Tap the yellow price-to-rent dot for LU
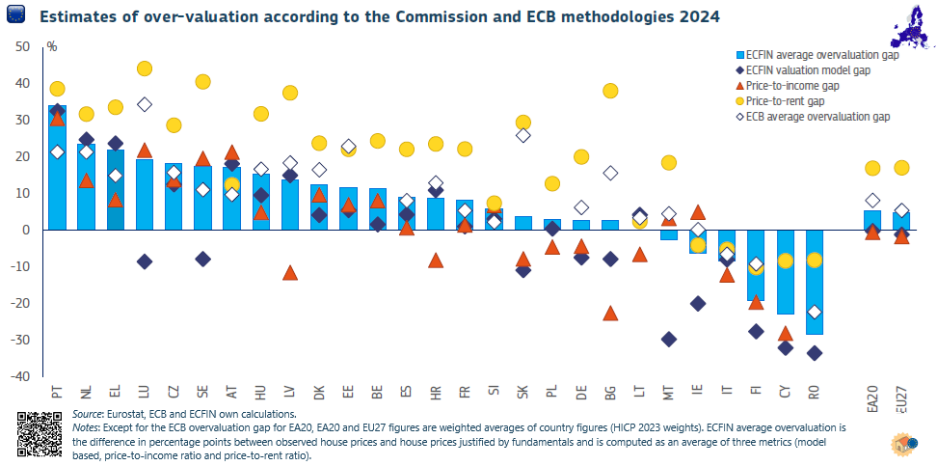coord(145,69)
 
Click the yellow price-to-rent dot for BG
coord(610,91)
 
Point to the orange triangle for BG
coord(610,313)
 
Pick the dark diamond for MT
coord(668,340)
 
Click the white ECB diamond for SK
coord(522,135)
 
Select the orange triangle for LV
coord(290,273)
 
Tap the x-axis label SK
coord(523,393)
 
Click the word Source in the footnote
coord(90,413)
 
